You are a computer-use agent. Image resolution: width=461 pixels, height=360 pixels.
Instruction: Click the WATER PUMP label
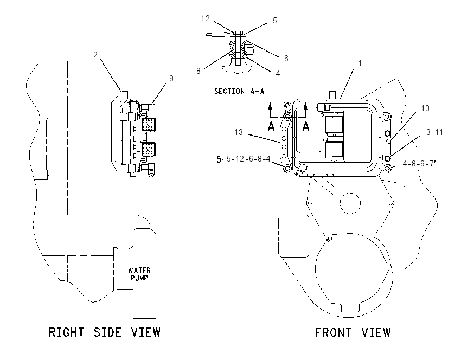139,274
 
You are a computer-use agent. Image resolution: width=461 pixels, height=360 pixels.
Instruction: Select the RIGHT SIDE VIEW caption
105,332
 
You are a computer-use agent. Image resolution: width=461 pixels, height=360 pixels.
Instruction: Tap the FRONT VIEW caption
353,333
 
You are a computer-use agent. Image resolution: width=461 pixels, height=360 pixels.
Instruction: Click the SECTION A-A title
239,92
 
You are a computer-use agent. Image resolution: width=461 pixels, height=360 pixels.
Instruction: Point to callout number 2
95,55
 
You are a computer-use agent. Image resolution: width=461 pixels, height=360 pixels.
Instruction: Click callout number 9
171,79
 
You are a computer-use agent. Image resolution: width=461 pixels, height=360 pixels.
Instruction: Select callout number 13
239,132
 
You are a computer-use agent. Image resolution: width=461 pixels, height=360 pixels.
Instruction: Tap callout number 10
425,108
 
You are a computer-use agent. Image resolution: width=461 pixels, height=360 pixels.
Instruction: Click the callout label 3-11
434,132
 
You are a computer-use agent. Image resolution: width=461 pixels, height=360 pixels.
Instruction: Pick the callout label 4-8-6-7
418,164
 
